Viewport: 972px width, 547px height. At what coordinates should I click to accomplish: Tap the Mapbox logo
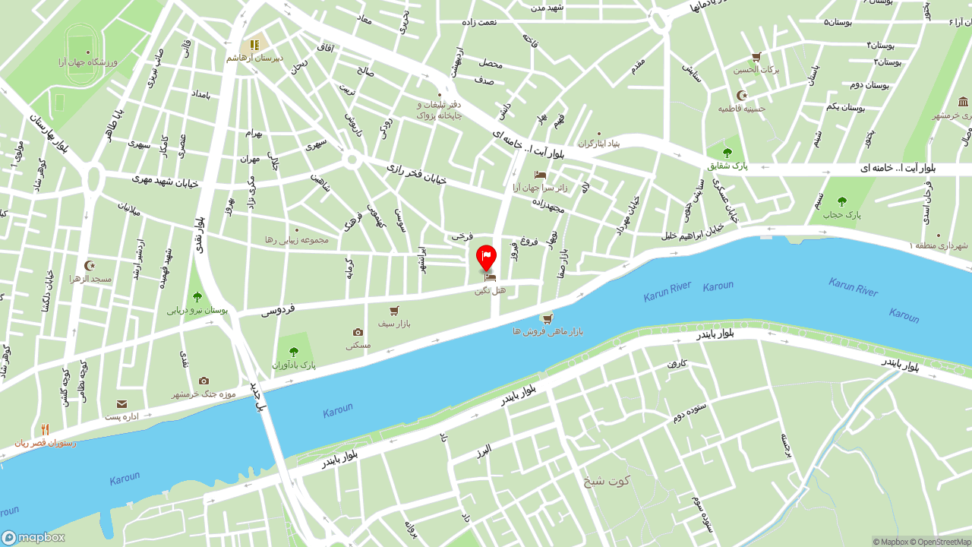pyautogui.click(x=33, y=537)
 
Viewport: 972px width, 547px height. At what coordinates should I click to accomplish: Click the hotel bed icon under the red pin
pyautogui.click(x=490, y=278)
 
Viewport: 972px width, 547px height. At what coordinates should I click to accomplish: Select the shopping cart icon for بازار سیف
pyautogui.click(x=394, y=311)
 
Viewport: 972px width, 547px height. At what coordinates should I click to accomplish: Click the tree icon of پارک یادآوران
pyautogui.click(x=294, y=352)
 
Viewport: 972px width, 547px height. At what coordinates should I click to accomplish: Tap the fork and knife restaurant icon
pyautogui.click(x=45, y=430)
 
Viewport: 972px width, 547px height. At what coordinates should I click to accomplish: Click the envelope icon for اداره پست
pyautogui.click(x=121, y=404)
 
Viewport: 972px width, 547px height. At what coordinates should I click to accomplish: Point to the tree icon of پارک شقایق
pyautogui.click(x=727, y=153)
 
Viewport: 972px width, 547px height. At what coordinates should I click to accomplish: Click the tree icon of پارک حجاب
pyautogui.click(x=841, y=201)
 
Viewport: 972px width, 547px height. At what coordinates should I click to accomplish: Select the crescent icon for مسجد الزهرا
pyautogui.click(x=90, y=265)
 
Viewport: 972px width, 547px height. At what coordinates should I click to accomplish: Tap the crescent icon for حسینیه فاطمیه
pyautogui.click(x=742, y=96)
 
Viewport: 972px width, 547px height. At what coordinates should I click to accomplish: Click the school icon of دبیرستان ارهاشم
pyautogui.click(x=254, y=45)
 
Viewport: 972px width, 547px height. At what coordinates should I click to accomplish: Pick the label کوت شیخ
pyautogui.click(x=607, y=480)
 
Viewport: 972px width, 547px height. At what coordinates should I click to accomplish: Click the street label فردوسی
pyautogui.click(x=278, y=310)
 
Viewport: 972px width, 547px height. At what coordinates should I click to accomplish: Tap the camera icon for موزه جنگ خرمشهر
pyautogui.click(x=204, y=381)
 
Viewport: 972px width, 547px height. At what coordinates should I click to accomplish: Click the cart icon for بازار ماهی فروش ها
pyautogui.click(x=546, y=318)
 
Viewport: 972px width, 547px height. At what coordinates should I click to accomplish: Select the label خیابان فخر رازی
pyautogui.click(x=415, y=174)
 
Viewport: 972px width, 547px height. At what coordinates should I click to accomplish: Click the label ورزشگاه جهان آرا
pyautogui.click(x=87, y=62)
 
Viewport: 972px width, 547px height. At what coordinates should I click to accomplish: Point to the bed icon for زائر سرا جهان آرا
pyautogui.click(x=540, y=175)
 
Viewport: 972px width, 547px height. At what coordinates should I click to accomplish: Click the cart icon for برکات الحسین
pyautogui.click(x=756, y=57)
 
